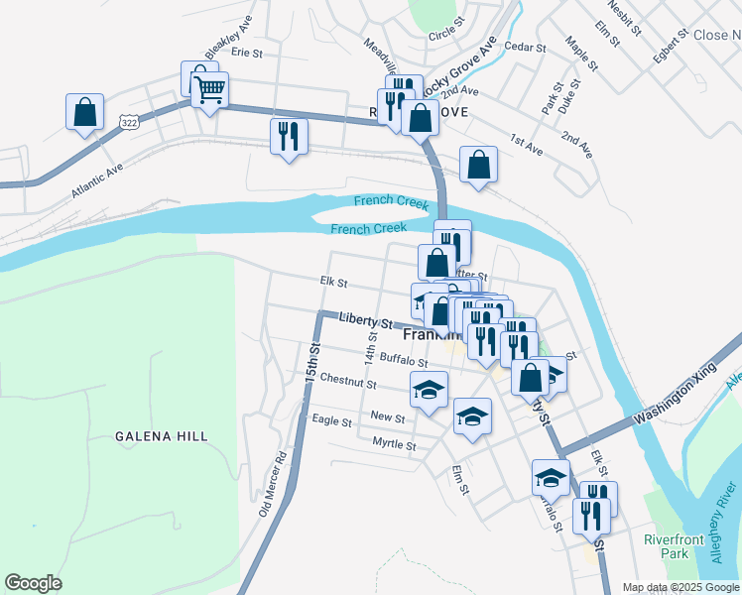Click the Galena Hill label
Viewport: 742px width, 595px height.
pyautogui.click(x=161, y=435)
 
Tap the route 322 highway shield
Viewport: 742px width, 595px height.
pyautogui.click(x=127, y=121)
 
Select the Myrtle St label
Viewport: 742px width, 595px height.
pyautogui.click(x=394, y=443)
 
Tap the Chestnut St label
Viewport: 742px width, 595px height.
pyautogui.click(x=348, y=382)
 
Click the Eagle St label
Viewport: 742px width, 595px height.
pyautogui.click(x=332, y=421)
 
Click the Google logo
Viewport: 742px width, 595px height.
pyautogui.click(x=34, y=582)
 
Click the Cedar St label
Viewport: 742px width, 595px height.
pyautogui.click(x=525, y=47)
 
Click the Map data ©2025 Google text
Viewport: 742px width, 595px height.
pyautogui.click(x=680, y=587)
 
